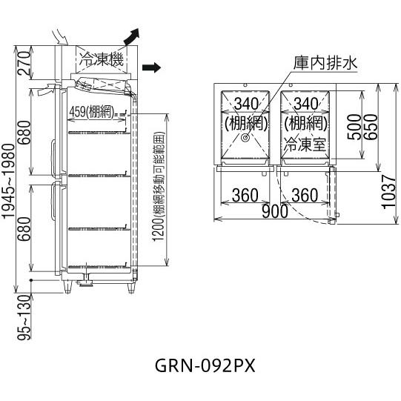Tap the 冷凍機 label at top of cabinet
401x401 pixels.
pyautogui.click(x=102, y=59)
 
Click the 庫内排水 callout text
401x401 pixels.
pyautogui.click(x=325, y=63)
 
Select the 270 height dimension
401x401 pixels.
pyautogui.click(x=24, y=63)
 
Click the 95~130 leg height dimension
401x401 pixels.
pyautogui.click(x=24, y=317)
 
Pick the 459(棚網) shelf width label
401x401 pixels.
pyautogui.click(x=92, y=112)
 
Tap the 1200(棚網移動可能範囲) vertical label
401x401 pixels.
pyautogui.click(x=159, y=187)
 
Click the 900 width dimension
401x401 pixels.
pyautogui.click(x=275, y=212)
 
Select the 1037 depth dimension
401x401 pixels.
pyautogui.click(x=389, y=192)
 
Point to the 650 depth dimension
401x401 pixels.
pyautogui.click(x=371, y=127)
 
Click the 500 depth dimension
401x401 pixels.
pyautogui.click(x=354, y=127)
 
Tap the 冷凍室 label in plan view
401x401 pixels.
pyautogui.click(x=305, y=145)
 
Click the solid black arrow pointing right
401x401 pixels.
pyautogui.click(x=151, y=67)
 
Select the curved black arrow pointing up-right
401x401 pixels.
pyautogui.click(x=132, y=36)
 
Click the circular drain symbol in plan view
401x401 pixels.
pyautogui.click(x=245, y=138)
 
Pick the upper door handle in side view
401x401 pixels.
pyautogui.click(x=53, y=158)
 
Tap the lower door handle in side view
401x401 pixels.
pyautogui.click(x=53, y=200)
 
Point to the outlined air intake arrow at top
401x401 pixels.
pyautogui.click(x=60, y=37)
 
